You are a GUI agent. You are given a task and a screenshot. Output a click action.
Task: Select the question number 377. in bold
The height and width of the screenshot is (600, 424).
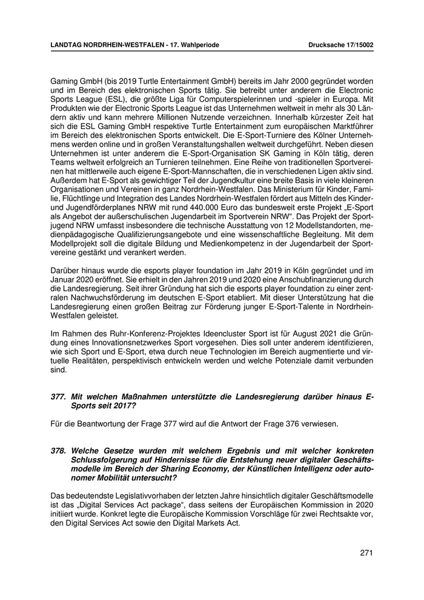58,397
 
